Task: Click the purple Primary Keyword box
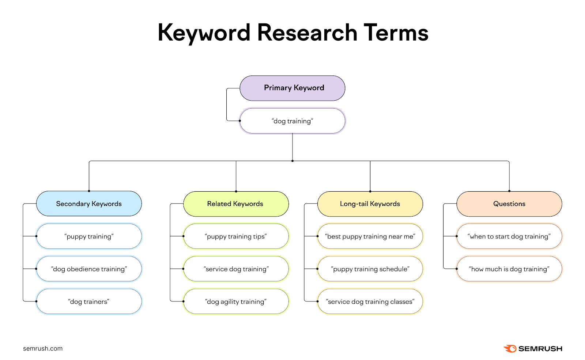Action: [x=292, y=88]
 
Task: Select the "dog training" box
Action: [x=292, y=121]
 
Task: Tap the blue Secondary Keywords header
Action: [x=89, y=204]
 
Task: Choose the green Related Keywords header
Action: [x=236, y=204]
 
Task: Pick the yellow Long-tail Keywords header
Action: [x=370, y=204]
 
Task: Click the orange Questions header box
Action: [x=509, y=204]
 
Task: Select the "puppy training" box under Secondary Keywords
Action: [x=89, y=236]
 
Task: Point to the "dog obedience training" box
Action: [x=89, y=269]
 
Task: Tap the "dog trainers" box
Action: [x=89, y=301]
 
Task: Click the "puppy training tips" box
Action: [x=236, y=236]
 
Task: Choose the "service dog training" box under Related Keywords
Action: [x=236, y=269]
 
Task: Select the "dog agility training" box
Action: [x=236, y=301]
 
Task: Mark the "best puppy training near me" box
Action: [x=370, y=236]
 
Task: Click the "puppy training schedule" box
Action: [x=370, y=269]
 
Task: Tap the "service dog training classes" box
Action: [x=370, y=301]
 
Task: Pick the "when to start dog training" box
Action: [x=509, y=236]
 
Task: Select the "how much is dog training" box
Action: [x=509, y=269]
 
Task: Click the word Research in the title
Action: [x=307, y=33]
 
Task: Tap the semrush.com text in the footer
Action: [x=43, y=349]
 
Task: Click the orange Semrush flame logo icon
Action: [x=510, y=348]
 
